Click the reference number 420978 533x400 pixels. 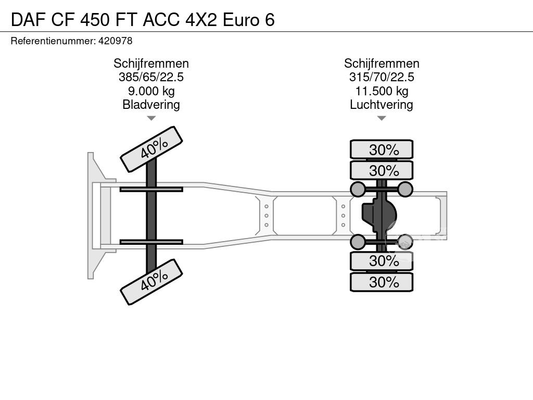click(115, 41)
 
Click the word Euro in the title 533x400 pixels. click(241, 20)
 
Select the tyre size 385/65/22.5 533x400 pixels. click(151, 77)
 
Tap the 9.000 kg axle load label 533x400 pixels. click(151, 91)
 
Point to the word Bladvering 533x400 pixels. click(151, 105)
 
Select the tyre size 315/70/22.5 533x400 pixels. click(382, 77)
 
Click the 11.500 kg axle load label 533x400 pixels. click(382, 91)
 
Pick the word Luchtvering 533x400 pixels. click(382, 105)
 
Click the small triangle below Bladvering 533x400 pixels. click(151, 118)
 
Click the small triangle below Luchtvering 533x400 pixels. click(382, 118)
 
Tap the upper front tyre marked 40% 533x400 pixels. click(151, 149)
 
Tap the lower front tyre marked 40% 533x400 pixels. click(151, 282)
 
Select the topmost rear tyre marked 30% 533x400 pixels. click(382, 149)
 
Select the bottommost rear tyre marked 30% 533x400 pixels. click(382, 282)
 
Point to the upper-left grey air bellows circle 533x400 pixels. click(358, 190)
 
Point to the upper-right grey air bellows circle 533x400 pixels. click(405, 190)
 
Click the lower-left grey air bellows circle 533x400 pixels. click(358, 242)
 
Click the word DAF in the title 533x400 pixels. click(29, 20)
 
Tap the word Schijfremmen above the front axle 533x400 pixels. click(151, 64)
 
